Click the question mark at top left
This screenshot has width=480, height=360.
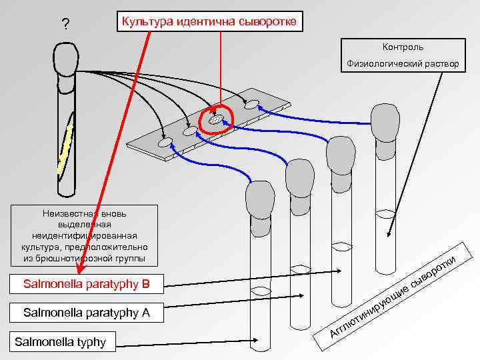click(65, 25)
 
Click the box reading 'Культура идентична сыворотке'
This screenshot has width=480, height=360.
click(210, 22)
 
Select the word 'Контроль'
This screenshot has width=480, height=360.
click(403, 47)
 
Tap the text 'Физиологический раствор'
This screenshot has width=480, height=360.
click(403, 64)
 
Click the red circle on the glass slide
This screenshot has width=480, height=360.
click(215, 119)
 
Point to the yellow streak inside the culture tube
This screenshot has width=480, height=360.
click(65, 150)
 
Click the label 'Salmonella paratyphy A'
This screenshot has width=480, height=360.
click(86, 312)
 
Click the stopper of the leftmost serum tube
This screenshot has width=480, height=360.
click(259, 198)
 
